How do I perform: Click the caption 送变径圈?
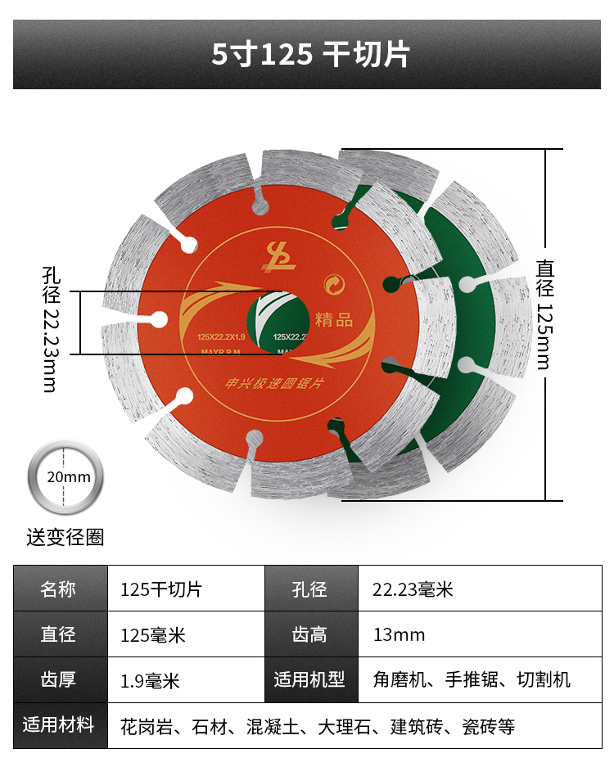click(65, 537)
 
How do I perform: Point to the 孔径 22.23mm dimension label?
click(51, 327)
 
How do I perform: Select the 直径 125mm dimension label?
click(546, 314)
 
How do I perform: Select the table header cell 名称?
click(60, 589)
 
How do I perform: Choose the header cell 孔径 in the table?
click(310, 589)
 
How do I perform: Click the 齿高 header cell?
click(310, 634)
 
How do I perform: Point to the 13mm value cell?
click(399, 634)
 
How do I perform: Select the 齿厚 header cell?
click(60, 679)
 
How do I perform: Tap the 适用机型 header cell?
click(310, 679)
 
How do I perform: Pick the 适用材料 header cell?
click(60, 725)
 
